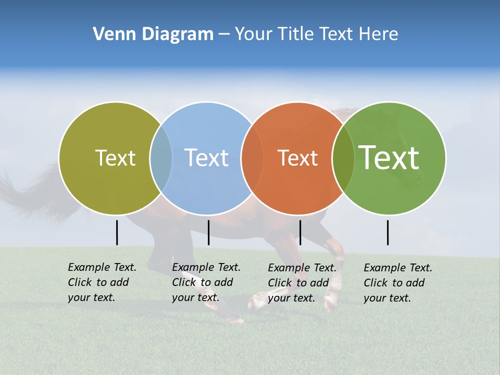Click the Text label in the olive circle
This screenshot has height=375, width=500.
pos(115,158)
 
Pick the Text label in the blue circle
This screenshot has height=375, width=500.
pos(206,158)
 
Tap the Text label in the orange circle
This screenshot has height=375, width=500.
pos(297,158)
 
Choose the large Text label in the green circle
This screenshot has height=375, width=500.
pos(389,158)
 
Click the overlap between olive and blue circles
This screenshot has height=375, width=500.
pos(161,158)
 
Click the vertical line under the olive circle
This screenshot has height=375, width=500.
pos(117,232)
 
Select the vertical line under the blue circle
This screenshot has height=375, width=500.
pos(208,232)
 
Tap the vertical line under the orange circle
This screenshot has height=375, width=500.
pos(300,232)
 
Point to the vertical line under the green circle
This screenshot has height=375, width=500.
pos(387,232)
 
